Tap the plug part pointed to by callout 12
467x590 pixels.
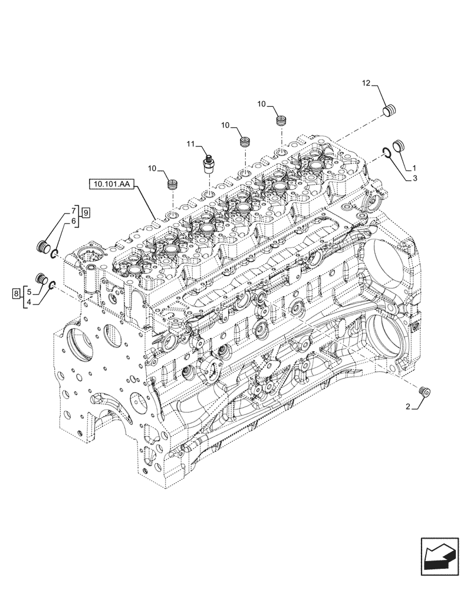(x=389, y=110)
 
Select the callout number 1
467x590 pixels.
(x=414, y=167)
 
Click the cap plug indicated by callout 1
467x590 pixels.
(x=399, y=146)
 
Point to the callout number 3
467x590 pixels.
(x=414, y=177)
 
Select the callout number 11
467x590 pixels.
(x=190, y=143)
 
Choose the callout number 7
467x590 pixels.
(x=74, y=211)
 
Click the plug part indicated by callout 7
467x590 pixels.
(x=42, y=246)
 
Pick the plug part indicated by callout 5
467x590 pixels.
(x=42, y=278)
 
